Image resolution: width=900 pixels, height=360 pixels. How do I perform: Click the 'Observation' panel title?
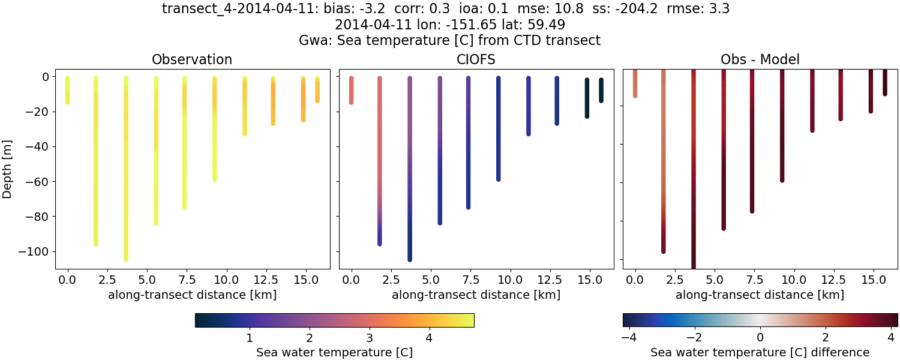(192, 59)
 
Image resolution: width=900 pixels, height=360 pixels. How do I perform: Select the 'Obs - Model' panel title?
(760, 59)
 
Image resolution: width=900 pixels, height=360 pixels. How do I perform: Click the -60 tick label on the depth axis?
(38, 182)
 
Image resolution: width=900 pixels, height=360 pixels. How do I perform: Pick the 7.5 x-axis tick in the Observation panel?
(184, 280)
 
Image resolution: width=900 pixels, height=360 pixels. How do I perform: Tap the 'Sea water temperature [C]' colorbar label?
(334, 352)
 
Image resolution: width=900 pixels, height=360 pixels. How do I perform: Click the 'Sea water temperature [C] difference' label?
(760, 352)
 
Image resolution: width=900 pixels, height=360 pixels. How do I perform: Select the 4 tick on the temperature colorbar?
(429, 337)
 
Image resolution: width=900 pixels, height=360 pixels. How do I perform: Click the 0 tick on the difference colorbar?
(760, 337)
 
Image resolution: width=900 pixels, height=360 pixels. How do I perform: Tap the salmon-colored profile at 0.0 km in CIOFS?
(352, 90)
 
